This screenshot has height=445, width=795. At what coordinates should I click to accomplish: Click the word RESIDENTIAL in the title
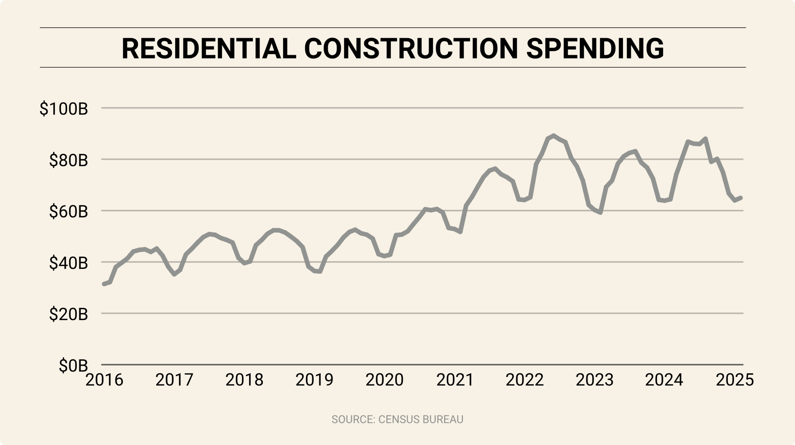209,49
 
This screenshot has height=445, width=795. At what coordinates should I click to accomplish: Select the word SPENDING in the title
595,49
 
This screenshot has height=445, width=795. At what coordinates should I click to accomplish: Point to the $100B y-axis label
64,109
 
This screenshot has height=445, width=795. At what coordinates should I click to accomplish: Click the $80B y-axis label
69,160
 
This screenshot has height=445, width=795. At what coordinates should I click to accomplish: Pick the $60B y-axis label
69,212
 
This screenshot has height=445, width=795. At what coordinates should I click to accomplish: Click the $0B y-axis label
73,366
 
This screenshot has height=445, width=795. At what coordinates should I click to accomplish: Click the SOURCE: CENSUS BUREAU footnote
397,420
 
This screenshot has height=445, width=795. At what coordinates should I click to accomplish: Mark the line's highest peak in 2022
553,135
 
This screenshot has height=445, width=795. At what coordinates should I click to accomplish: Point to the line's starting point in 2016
104,284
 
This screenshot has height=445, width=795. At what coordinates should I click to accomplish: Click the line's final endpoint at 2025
741,198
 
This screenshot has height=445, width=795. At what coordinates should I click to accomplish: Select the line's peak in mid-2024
706,139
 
